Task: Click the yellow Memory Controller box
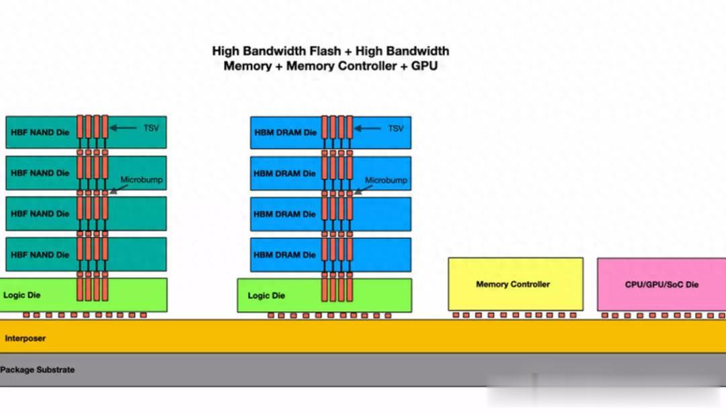click(516, 284)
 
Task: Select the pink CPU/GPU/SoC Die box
click(661, 284)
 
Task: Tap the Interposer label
click(25, 338)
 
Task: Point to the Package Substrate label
click(37, 370)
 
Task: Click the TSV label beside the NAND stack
click(151, 128)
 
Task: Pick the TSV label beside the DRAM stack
click(395, 128)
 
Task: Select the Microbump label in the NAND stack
click(141, 179)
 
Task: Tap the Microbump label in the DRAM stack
click(386, 180)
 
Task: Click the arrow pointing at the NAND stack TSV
click(123, 128)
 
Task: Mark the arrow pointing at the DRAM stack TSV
click(368, 128)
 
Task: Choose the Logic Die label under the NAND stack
click(22, 295)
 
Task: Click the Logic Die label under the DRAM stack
click(266, 296)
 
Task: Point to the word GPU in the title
click(424, 66)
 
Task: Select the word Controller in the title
click(341, 66)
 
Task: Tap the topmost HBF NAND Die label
click(40, 132)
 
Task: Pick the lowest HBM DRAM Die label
click(284, 255)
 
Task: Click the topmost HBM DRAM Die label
click(285, 132)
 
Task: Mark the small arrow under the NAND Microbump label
click(118, 189)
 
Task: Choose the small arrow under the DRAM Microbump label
click(363, 190)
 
